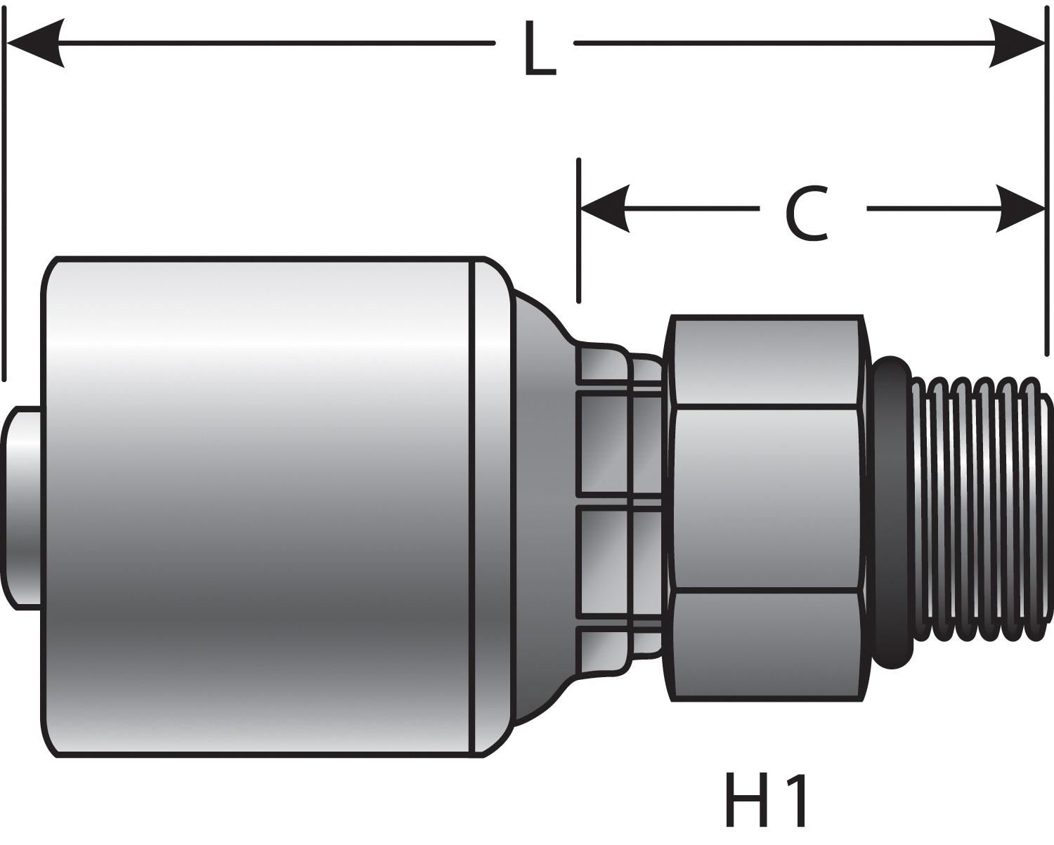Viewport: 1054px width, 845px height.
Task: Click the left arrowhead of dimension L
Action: point(35,44)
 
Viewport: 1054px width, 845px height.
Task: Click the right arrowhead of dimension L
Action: point(1019,44)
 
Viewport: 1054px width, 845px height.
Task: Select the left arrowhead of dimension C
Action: point(604,209)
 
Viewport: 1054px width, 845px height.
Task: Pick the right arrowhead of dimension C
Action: point(1020,209)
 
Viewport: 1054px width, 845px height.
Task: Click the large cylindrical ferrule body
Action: point(260,506)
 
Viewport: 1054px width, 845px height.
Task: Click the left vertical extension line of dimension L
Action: point(6,211)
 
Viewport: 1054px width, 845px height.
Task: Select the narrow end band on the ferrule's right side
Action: point(490,506)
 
